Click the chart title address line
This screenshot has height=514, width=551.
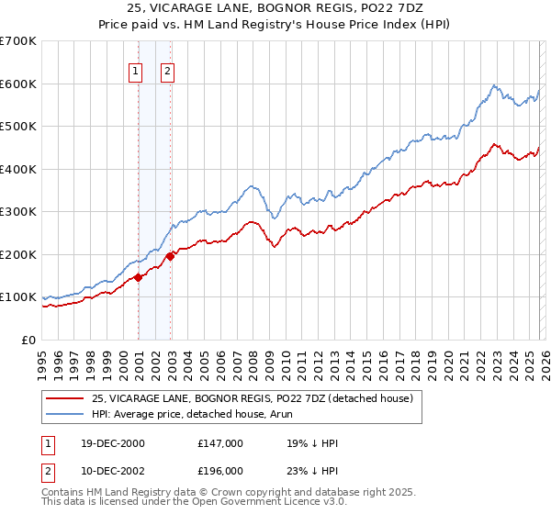click(275, 7)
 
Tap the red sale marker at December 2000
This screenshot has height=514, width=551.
click(138, 277)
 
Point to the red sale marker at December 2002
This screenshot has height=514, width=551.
click(171, 256)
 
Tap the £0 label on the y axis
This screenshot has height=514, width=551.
click(28, 340)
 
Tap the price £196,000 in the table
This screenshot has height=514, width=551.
click(219, 471)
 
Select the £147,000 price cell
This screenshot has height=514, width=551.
click(219, 443)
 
